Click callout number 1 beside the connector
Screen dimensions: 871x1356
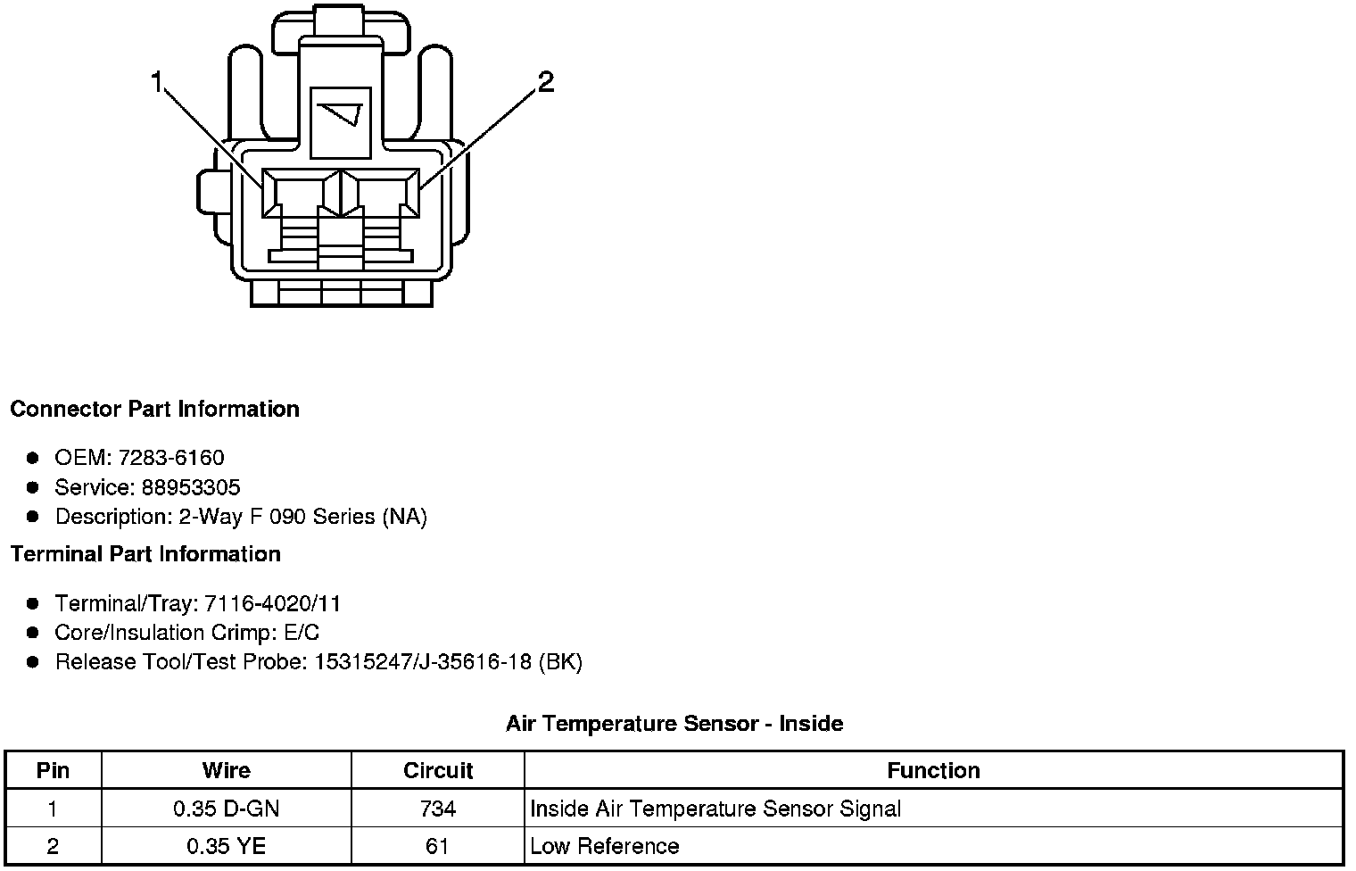[x=157, y=83]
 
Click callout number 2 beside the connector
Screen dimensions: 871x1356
[x=545, y=82]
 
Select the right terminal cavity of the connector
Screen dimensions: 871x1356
[x=382, y=194]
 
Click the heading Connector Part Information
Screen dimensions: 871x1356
[x=154, y=409]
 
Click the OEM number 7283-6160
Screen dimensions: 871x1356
[x=171, y=458]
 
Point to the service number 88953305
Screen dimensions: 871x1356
[x=191, y=487]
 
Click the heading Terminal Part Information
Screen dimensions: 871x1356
[x=145, y=554]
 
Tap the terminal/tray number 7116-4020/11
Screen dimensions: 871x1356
[x=273, y=603]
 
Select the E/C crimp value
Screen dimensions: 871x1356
[x=300, y=633]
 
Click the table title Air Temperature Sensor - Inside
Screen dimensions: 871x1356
[x=674, y=723]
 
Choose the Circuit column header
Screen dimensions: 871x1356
[x=438, y=770]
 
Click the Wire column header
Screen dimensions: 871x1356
[x=227, y=770]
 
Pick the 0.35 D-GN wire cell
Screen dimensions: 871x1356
[x=227, y=809]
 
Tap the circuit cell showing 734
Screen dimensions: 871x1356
[x=438, y=809]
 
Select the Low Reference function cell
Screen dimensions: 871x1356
[x=605, y=846]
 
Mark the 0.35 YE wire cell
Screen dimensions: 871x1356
[x=227, y=846]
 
